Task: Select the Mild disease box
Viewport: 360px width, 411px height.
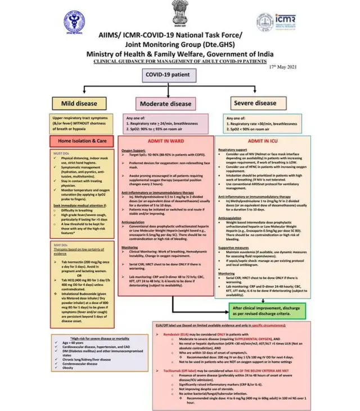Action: point(83,103)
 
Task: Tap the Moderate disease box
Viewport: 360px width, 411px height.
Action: point(165,104)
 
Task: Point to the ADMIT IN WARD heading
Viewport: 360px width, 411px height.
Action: point(165,141)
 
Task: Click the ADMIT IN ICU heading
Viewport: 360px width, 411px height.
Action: point(264,141)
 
